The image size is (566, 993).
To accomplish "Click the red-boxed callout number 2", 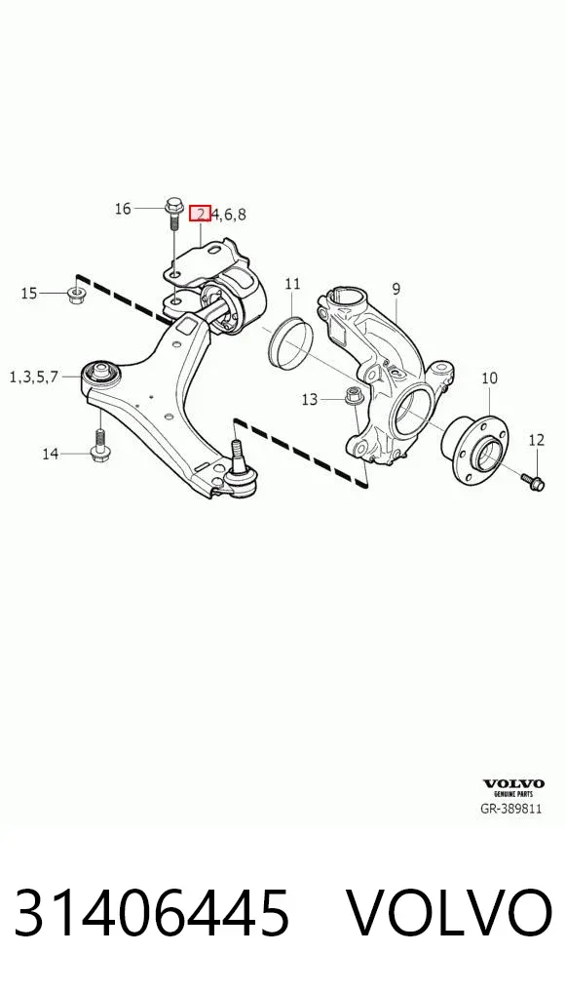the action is point(200,214).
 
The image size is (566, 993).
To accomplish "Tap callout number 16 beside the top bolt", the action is point(123,209).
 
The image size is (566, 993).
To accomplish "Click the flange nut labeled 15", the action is point(77,294).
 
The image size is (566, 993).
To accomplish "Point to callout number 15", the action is point(30,294).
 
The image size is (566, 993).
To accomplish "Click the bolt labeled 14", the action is point(100,446).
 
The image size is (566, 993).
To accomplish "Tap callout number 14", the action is point(52,454).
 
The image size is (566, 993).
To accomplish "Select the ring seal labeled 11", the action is point(290,342).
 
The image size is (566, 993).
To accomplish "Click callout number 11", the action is point(292,284).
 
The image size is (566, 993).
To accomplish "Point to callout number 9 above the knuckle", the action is point(396,290).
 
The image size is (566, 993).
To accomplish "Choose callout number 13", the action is point(309,400).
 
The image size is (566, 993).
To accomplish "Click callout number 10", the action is point(489,378).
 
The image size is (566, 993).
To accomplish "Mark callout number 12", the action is point(536,440).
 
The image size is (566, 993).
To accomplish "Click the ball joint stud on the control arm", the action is point(237,451).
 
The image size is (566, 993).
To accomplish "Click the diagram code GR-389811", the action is point(511,809).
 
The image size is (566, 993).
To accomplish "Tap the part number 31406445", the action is point(152,913).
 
